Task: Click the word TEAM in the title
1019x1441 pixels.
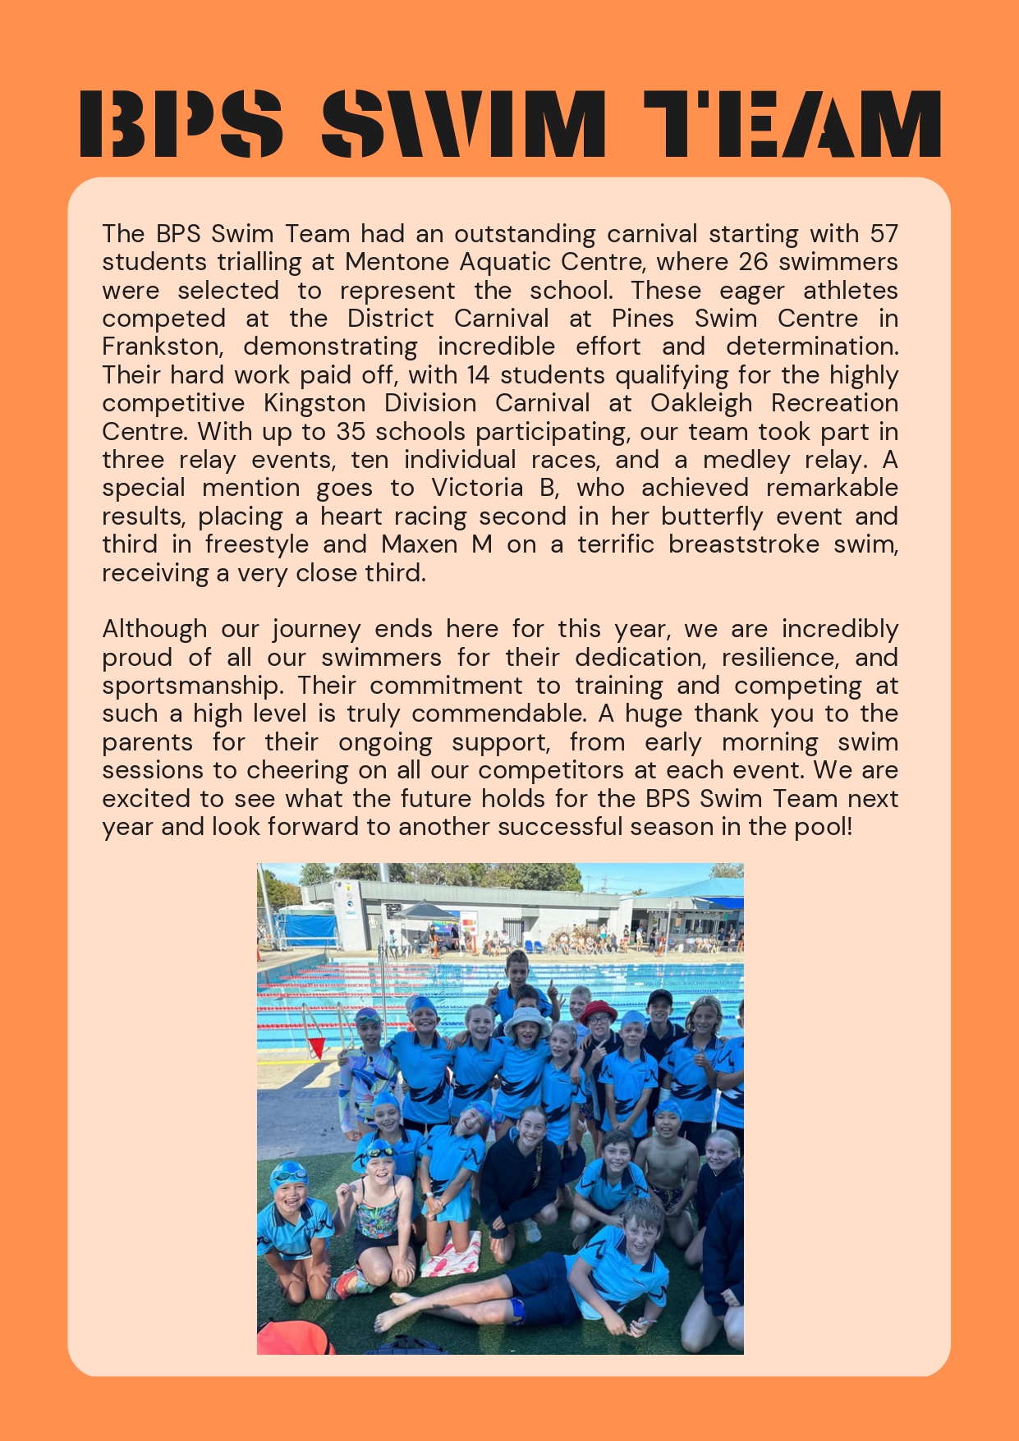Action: tap(792, 124)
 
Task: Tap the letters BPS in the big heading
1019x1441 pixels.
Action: tap(181, 124)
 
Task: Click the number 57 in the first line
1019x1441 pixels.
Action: tap(884, 234)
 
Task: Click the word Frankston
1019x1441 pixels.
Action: tap(162, 346)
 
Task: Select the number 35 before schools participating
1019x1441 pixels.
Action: tap(351, 432)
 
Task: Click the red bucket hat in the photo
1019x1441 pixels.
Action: tap(599, 1009)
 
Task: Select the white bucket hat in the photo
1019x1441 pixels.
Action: tap(526, 1021)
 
